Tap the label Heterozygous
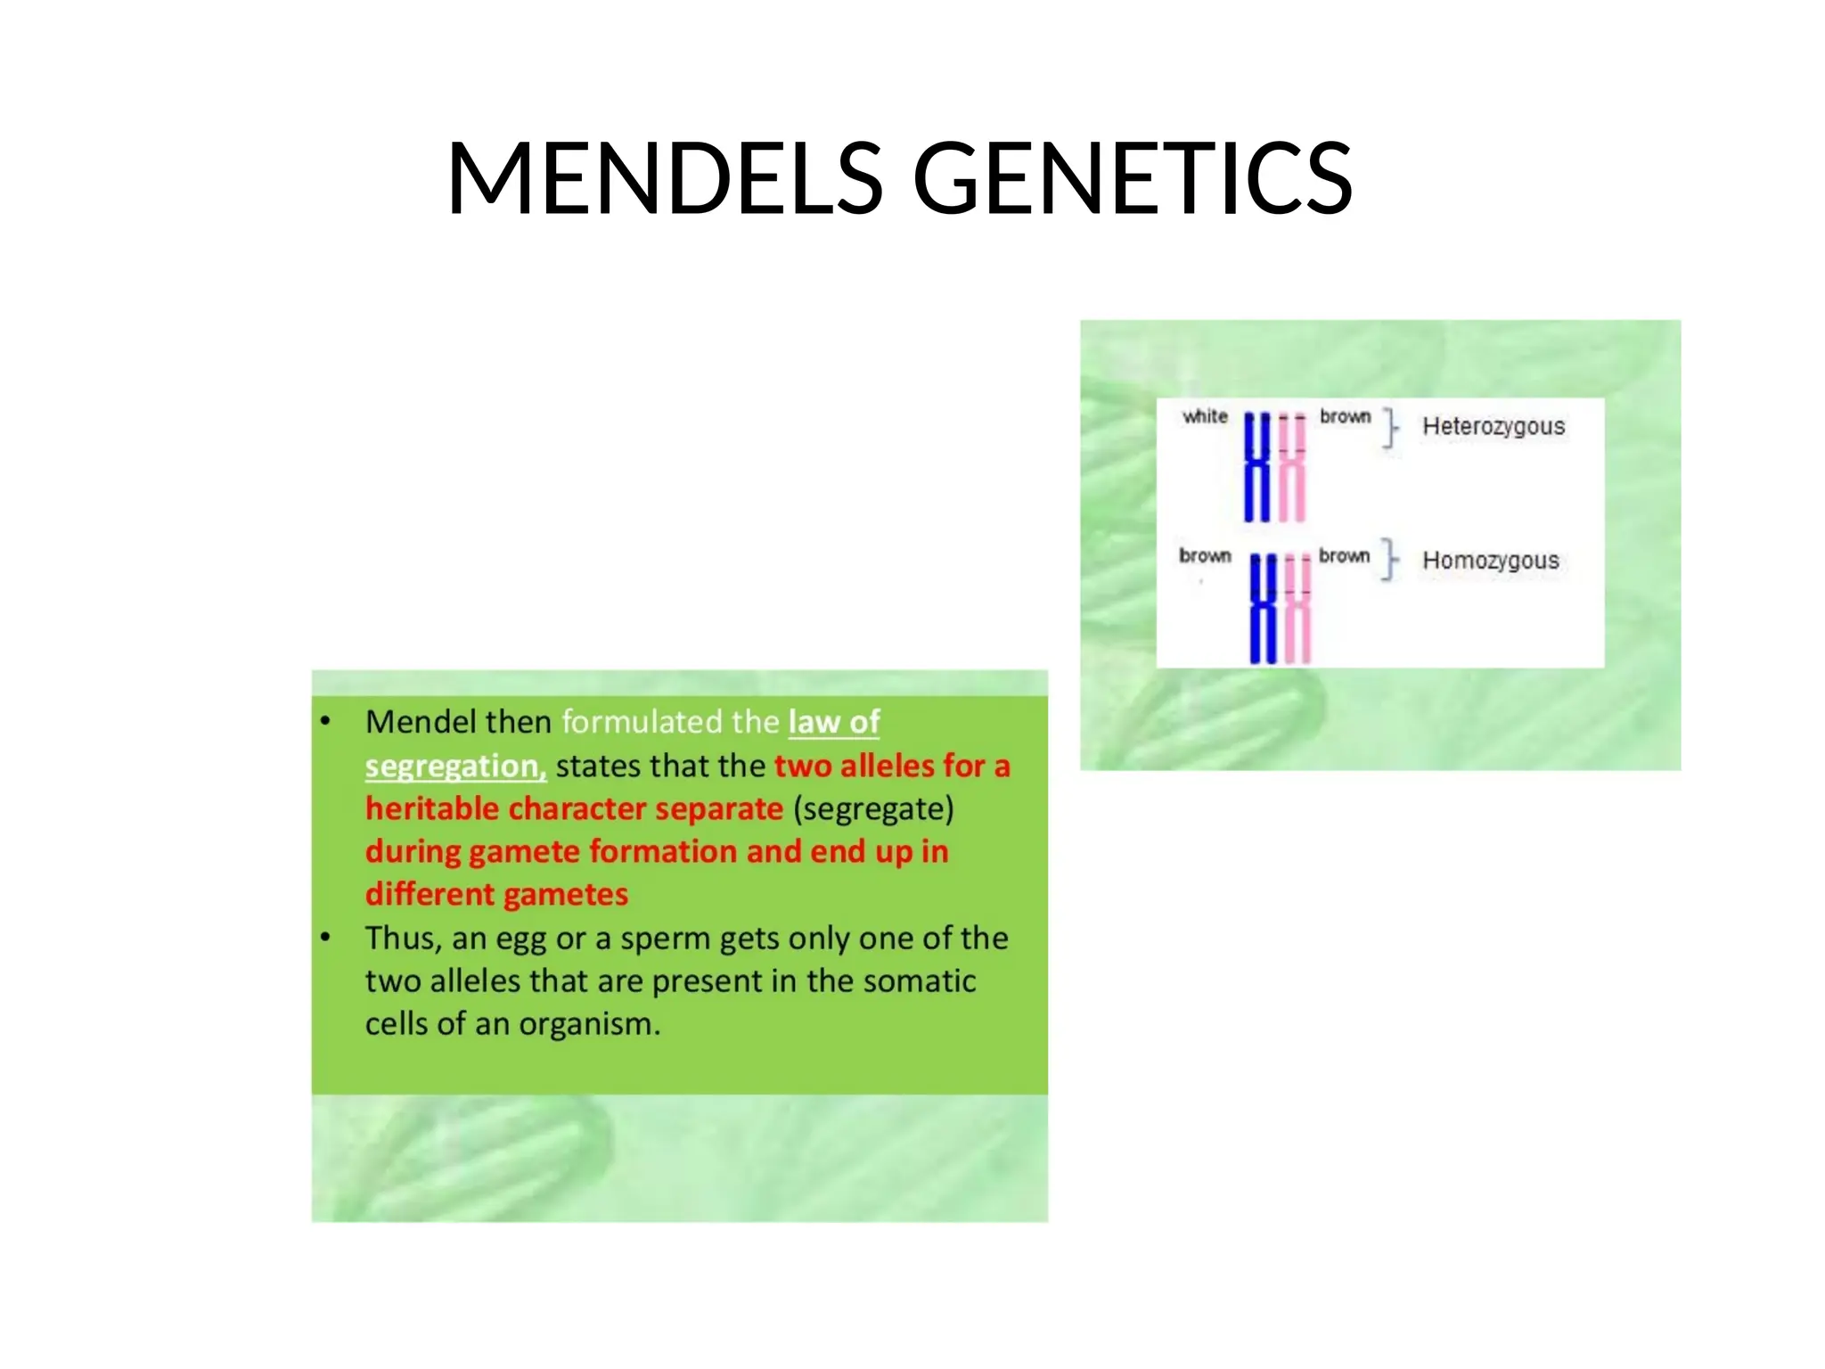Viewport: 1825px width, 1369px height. [1493, 426]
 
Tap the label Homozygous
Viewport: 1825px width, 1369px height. [1490, 561]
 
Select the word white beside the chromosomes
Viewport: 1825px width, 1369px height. [1205, 416]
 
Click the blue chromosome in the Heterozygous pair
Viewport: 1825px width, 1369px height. [1256, 468]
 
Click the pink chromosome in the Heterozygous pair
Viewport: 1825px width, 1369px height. [1292, 468]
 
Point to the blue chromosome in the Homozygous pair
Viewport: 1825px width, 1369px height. [1263, 609]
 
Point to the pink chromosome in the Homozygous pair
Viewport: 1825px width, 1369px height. [1297, 609]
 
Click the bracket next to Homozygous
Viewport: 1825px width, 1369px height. [1389, 560]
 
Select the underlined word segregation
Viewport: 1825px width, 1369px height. [454, 766]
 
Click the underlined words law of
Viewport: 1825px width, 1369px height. [833, 722]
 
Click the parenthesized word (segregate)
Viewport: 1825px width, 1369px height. [873, 808]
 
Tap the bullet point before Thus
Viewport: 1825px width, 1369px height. [326, 937]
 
